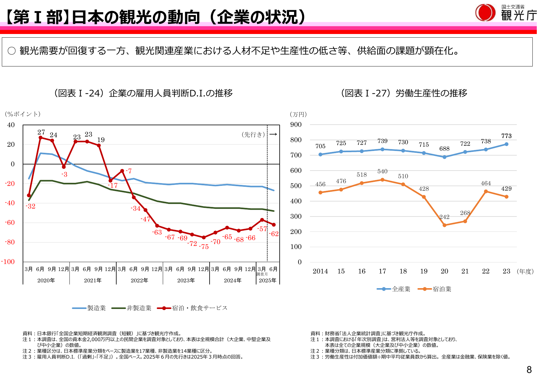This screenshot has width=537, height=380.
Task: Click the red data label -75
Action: (x=204, y=247)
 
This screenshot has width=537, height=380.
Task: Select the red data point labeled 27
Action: (x=40, y=137)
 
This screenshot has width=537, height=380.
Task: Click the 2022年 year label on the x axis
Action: (x=139, y=280)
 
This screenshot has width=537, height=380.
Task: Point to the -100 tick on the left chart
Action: (x=8, y=262)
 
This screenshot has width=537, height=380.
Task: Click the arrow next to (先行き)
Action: (x=273, y=134)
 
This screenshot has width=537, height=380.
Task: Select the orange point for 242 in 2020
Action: (x=444, y=225)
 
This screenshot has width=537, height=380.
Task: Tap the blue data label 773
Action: (x=506, y=136)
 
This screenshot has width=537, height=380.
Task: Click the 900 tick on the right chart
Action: (x=296, y=125)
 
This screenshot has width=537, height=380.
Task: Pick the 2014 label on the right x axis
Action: (x=320, y=271)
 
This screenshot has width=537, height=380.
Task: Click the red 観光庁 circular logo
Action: (x=485, y=13)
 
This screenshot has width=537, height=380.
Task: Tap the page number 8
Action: (x=529, y=370)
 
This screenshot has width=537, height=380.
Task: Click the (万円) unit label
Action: (x=298, y=114)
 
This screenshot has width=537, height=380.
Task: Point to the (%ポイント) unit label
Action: (x=23, y=114)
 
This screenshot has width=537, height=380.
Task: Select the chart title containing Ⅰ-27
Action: (x=404, y=93)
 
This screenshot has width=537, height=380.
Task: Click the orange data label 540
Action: (x=382, y=171)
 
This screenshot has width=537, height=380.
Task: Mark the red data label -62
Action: (x=274, y=234)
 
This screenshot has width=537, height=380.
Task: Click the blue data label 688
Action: (x=444, y=149)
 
